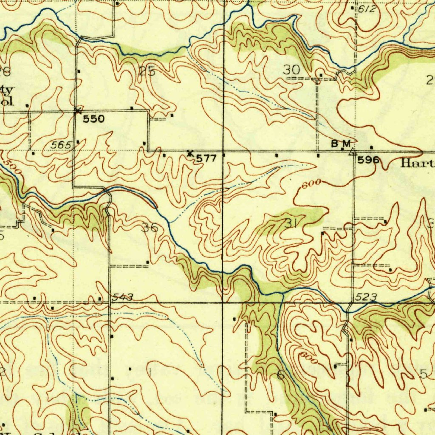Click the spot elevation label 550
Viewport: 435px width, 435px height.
click(93, 119)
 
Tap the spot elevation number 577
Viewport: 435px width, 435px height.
click(206, 158)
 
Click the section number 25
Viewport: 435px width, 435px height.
click(147, 71)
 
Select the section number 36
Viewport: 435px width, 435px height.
click(150, 228)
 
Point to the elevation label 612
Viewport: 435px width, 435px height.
click(366, 9)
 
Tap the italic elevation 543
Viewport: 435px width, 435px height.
click(123, 297)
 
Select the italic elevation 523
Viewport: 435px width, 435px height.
click(366, 298)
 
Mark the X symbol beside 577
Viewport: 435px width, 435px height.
click(190, 153)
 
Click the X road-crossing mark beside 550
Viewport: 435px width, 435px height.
click(77, 111)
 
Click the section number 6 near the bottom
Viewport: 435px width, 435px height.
click(281, 375)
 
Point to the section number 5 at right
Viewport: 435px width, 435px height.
click(423, 374)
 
